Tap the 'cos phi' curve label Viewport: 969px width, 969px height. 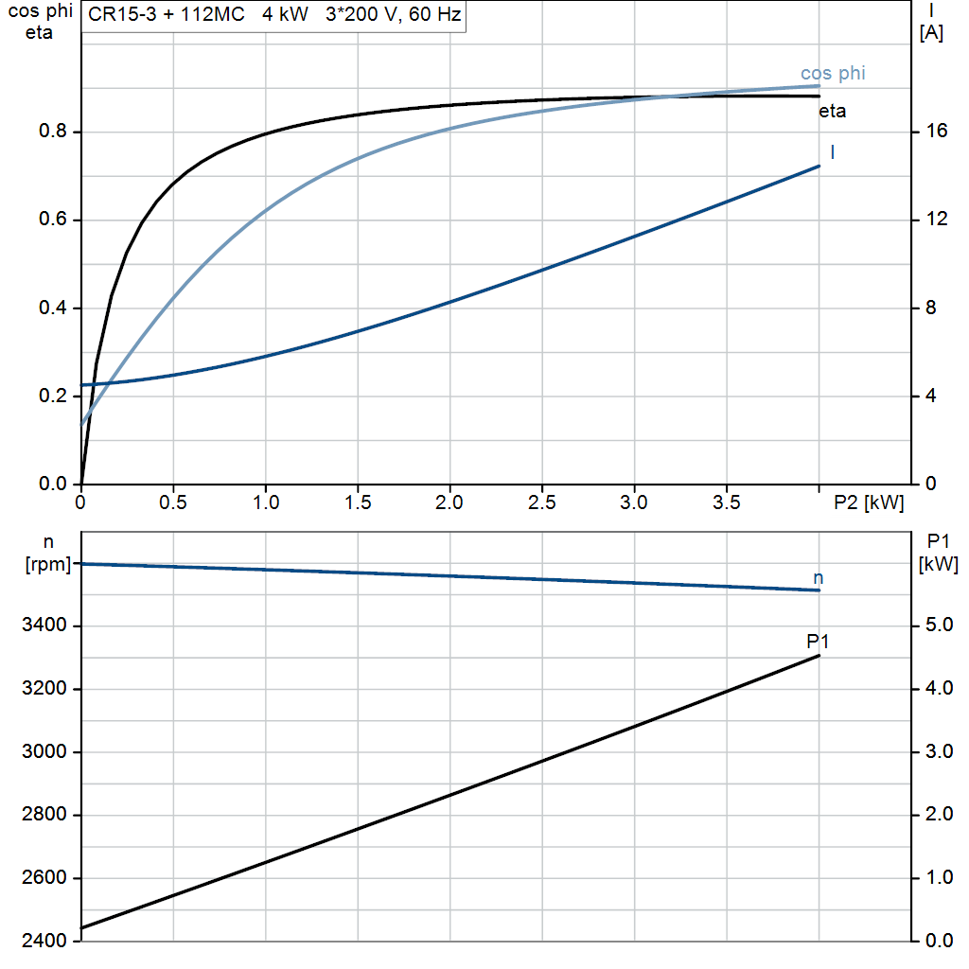[x=833, y=73]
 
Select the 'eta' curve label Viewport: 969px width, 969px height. [x=832, y=112]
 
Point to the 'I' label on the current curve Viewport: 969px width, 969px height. [x=832, y=151]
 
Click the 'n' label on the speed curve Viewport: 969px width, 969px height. [x=819, y=577]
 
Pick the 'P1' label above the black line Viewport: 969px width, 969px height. [x=818, y=642]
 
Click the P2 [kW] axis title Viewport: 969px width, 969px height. [x=868, y=503]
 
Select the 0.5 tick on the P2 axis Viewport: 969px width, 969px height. [x=172, y=503]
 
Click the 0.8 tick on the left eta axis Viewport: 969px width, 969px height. [x=52, y=132]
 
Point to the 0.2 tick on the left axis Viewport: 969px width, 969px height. [x=52, y=396]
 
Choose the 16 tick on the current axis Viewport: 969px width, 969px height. [x=936, y=132]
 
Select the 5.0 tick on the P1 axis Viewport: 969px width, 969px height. [x=936, y=625]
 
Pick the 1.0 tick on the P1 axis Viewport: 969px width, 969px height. [x=936, y=878]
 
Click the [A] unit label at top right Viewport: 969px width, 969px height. [x=931, y=33]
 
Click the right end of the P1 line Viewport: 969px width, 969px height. [x=819, y=656]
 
